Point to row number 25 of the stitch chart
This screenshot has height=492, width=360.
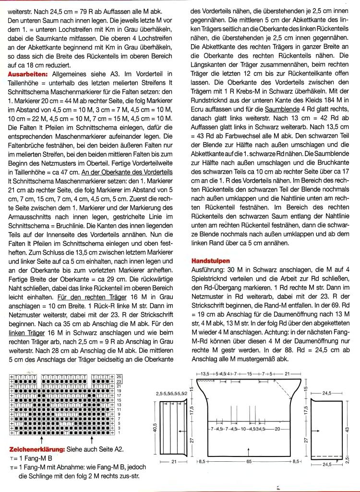(119, 376)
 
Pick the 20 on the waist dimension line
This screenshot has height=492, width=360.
(277, 429)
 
